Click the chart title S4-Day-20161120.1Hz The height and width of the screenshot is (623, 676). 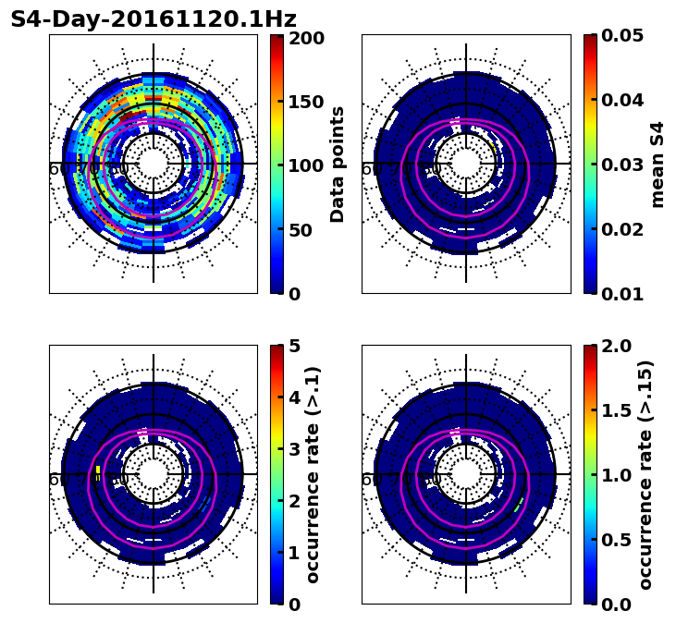[154, 19]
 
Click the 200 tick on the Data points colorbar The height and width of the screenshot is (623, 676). [306, 38]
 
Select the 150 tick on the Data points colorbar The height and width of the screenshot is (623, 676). [306, 102]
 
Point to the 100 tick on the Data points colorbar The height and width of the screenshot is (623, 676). [306, 166]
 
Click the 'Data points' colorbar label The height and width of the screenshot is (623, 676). [338, 165]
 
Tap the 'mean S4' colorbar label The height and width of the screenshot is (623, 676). [658, 165]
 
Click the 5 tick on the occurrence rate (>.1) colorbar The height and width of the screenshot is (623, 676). [295, 346]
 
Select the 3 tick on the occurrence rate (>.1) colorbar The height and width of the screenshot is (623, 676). [295, 449]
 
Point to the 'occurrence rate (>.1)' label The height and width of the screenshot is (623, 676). [313, 474]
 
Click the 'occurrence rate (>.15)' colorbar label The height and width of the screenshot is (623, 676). [645, 474]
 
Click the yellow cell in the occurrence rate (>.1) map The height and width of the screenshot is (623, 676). [97, 471]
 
